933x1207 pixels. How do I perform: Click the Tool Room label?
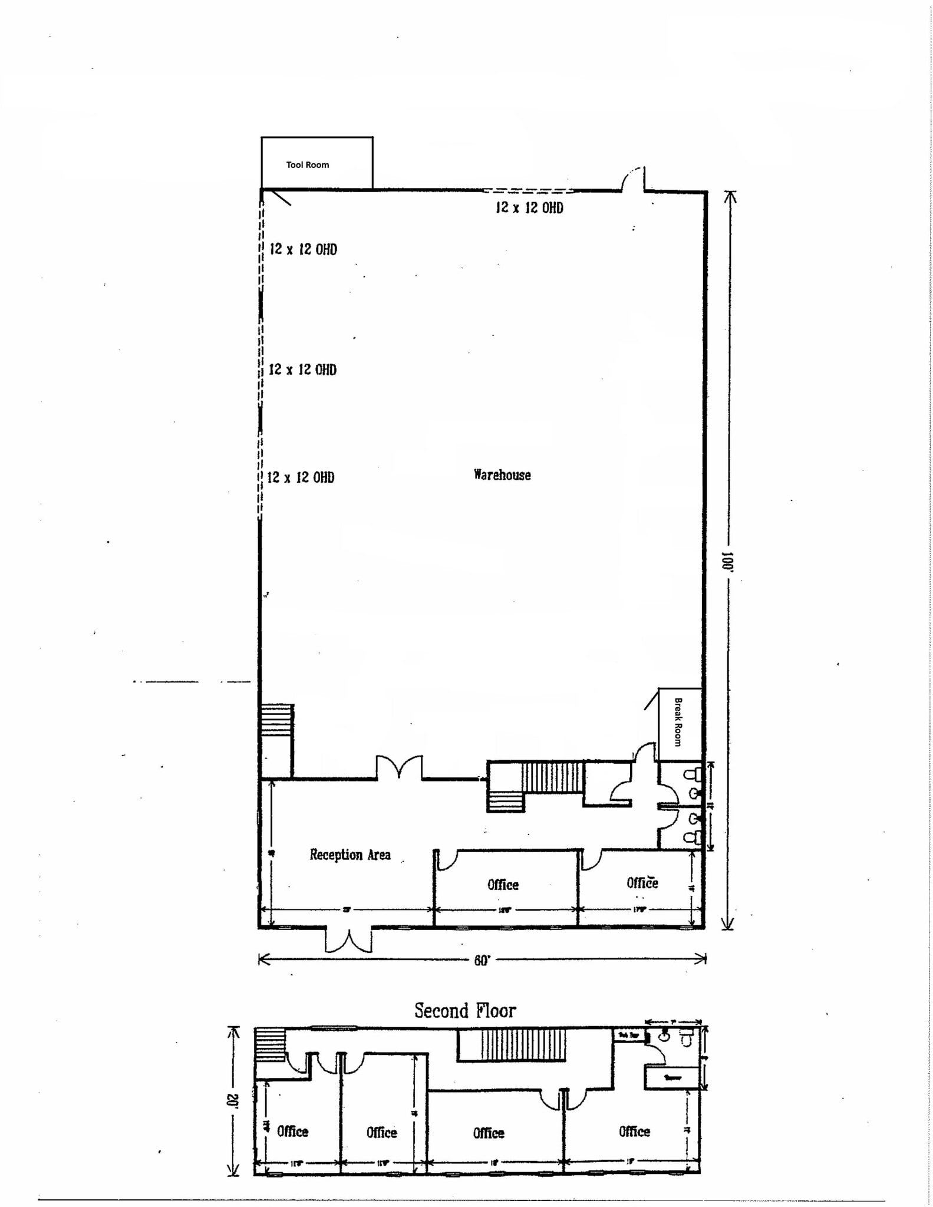coord(307,165)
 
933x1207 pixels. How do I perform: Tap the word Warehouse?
coord(502,475)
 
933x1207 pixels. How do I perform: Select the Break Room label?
coord(678,722)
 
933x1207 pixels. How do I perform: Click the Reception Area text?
coord(350,855)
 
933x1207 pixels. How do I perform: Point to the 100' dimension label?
coord(727,562)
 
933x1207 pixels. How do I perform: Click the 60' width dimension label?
coord(482,961)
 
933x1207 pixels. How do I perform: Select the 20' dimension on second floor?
coord(234,1101)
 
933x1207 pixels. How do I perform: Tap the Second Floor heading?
coord(464,1011)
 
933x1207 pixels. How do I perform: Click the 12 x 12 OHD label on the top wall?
coord(529,207)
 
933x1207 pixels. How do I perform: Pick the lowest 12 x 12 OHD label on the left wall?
coord(301,477)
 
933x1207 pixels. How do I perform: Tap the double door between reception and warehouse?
coord(400,767)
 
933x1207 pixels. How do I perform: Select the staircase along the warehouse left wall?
coord(277,719)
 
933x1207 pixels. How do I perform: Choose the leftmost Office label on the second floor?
coord(292,1132)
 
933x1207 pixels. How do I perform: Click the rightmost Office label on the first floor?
coord(642,882)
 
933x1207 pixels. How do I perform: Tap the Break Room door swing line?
coord(651,700)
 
